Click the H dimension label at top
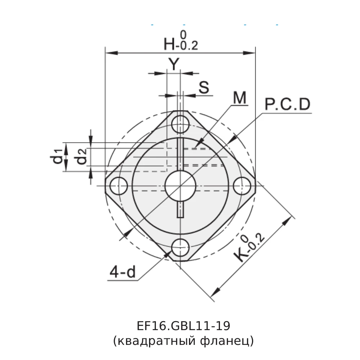[x=169, y=44]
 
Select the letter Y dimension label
[x=174, y=64]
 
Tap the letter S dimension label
[x=204, y=87]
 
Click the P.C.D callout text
[x=287, y=105]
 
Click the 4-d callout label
[x=122, y=273]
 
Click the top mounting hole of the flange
[x=180, y=125]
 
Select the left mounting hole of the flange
[x=119, y=186]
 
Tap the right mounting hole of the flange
[x=242, y=186]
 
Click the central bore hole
[x=180, y=186]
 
